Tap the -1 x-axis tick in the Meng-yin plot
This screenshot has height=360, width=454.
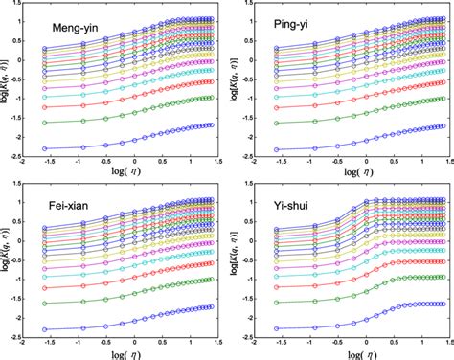(85, 173)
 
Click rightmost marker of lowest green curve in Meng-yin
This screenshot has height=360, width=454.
(207, 98)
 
